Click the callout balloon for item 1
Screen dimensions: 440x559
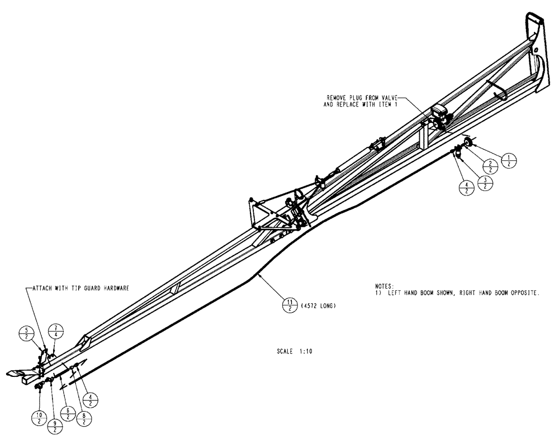[x=509, y=160]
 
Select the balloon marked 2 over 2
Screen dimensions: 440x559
[x=490, y=166]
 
